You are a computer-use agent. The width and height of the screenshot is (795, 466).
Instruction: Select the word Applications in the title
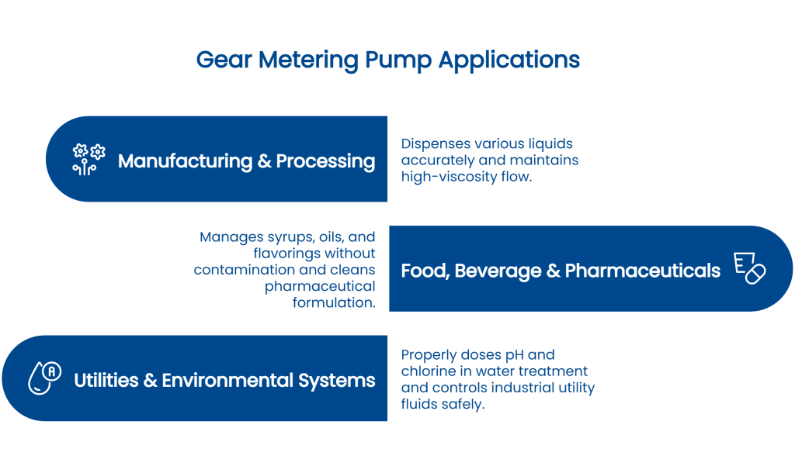click(509, 60)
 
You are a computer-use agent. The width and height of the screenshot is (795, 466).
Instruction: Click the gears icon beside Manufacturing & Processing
click(89, 159)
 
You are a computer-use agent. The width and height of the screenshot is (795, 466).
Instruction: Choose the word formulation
click(334, 302)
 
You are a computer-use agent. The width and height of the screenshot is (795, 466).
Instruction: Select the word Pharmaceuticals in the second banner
click(643, 271)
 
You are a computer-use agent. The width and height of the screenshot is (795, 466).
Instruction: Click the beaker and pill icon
click(749, 268)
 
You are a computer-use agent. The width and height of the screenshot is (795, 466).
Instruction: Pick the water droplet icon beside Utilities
click(44, 378)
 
